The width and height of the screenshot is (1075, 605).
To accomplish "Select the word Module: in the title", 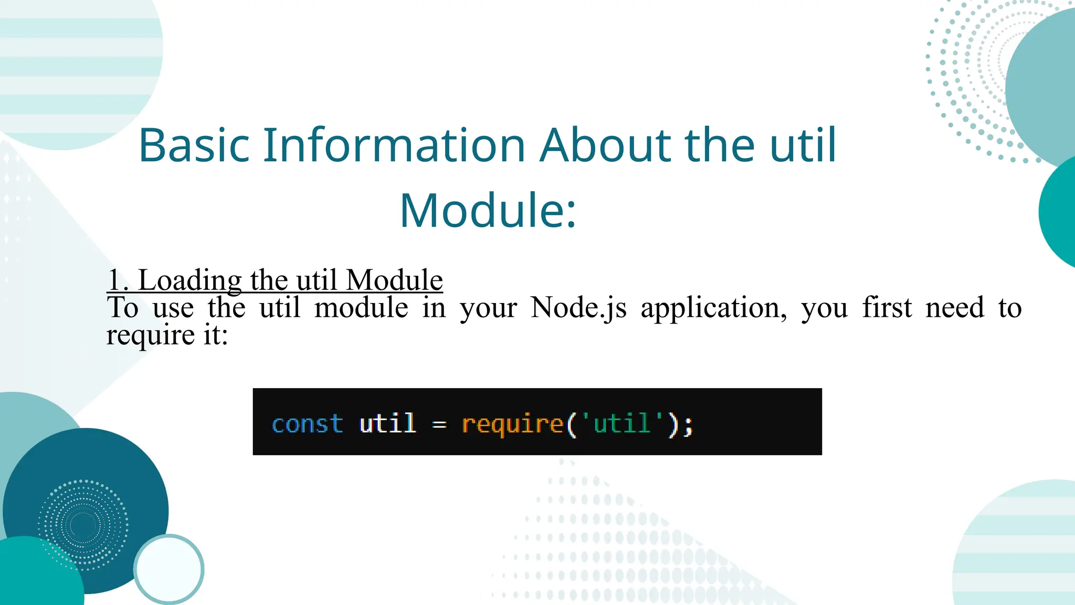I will pos(488,211).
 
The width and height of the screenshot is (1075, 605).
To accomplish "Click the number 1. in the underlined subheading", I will pos(118,280).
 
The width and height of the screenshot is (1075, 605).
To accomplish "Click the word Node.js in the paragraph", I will pos(578,308).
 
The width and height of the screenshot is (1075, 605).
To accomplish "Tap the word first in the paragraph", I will pos(887,308).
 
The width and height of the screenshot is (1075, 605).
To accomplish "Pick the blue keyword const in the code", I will pos(307,424).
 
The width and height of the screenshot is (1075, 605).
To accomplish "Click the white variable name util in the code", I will pos(387,423).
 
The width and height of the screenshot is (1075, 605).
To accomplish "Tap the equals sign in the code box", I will pos(439,424).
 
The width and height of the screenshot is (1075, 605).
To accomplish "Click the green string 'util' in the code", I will pos(622,423).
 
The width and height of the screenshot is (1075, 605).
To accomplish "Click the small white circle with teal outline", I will pos(168,569).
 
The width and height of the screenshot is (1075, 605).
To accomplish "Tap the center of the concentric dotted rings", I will pos(83,525).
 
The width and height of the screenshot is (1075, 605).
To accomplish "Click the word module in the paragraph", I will pos(361,308).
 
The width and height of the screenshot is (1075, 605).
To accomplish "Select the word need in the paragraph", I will pos(954,308).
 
